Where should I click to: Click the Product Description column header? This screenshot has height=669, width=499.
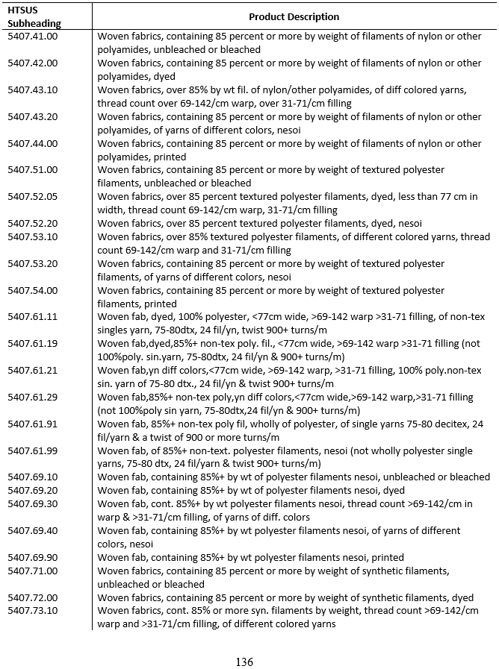pyautogui.click(x=294, y=16)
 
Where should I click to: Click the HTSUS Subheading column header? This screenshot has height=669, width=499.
pyautogui.click(x=26, y=16)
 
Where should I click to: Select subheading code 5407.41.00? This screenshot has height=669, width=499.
pyautogui.click(x=32, y=36)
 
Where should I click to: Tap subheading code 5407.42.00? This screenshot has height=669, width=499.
pyautogui.click(x=32, y=63)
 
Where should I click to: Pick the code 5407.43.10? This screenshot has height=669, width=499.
pyautogui.click(x=32, y=89)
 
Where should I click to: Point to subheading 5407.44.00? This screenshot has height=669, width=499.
pyautogui.click(x=32, y=143)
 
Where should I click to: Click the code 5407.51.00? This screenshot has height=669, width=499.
pyautogui.click(x=32, y=170)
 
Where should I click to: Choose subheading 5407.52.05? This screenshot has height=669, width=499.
pyautogui.click(x=32, y=197)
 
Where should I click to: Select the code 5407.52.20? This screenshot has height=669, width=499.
pyautogui.click(x=32, y=224)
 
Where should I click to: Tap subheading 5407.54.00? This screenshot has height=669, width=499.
pyautogui.click(x=32, y=290)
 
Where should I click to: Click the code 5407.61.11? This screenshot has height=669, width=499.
pyautogui.click(x=32, y=317)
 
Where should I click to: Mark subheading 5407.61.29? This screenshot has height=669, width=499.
pyautogui.click(x=32, y=397)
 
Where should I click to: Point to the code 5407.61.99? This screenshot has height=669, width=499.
pyautogui.click(x=32, y=450)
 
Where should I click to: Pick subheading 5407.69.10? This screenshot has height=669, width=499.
pyautogui.click(x=32, y=477)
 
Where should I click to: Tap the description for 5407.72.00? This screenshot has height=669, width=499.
pyautogui.click(x=285, y=597)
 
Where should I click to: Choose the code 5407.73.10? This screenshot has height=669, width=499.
pyautogui.click(x=32, y=611)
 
